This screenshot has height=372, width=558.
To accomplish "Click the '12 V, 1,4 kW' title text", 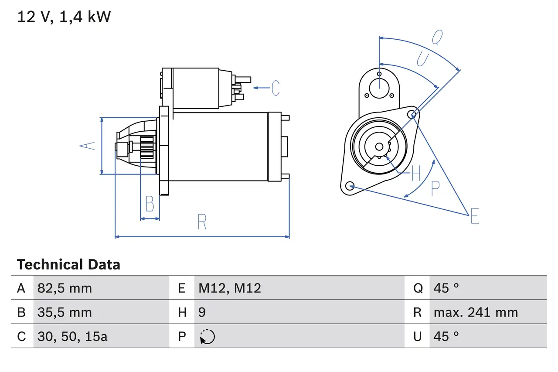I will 64,17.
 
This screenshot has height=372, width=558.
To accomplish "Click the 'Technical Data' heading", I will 68,265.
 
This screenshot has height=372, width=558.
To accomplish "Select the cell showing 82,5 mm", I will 65,288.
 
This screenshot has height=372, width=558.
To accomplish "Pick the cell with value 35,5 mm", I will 65,312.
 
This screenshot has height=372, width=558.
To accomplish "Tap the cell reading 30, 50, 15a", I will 72,336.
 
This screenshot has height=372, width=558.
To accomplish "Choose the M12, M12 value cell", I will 230,288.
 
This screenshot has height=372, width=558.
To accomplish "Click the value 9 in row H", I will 202,312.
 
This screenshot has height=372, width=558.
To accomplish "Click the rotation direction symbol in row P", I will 208,337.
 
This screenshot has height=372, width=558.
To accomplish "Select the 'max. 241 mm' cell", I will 476,312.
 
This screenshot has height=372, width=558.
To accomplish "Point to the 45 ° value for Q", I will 446,288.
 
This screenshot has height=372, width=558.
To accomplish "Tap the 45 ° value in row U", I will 446,336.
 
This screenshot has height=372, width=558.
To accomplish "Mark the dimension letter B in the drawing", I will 150,204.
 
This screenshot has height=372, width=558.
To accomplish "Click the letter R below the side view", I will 202,222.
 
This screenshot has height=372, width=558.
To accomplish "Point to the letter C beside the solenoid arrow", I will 276,88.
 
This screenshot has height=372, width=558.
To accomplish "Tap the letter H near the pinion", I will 416,174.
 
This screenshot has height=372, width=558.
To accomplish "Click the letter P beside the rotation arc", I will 435,188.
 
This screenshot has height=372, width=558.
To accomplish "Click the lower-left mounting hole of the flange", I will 349,186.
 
